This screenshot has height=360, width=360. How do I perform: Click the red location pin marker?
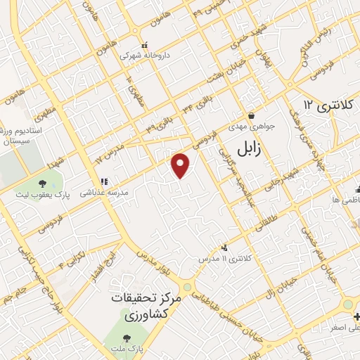click(x=181, y=165)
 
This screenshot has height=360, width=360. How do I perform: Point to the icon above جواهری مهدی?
click(x=251, y=117)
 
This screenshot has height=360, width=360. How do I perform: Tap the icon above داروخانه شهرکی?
click(x=144, y=44)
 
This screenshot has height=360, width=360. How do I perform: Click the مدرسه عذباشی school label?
click(x=103, y=191)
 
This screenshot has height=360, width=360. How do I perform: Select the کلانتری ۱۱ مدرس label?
click(x=226, y=259)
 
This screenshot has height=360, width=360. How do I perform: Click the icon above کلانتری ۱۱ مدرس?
click(x=224, y=247)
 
